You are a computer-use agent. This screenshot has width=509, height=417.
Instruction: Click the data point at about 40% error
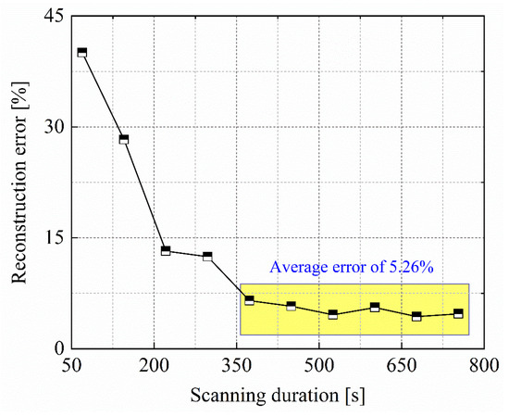82,53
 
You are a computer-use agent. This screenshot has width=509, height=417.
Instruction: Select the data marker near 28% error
124,140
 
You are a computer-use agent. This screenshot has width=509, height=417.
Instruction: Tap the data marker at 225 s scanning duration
166,250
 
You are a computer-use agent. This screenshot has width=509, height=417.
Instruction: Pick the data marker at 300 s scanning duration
207,256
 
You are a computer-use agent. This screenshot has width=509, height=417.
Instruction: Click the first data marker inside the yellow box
249,300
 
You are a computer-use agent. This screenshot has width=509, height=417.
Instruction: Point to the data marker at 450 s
291,306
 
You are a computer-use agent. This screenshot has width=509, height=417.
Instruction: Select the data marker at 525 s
333,314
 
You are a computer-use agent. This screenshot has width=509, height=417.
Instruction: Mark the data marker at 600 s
375,307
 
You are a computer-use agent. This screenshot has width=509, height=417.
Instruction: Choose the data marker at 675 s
416,316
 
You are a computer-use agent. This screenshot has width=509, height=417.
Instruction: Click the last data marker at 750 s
458,313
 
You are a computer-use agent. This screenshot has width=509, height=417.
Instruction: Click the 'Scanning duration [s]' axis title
278,396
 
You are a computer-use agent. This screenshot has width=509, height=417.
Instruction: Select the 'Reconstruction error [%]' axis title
17,182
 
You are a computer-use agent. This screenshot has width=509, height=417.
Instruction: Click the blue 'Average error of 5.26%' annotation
352,268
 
